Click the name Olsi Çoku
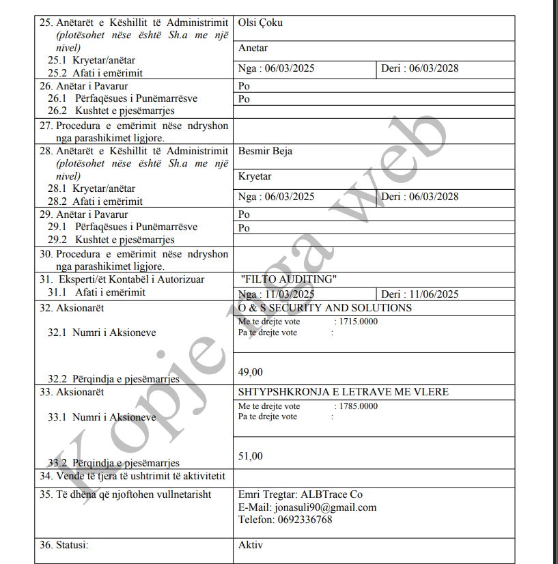pyautogui.click(x=260, y=23)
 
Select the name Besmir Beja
pyautogui.click(x=265, y=151)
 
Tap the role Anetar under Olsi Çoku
pyautogui.click(x=253, y=48)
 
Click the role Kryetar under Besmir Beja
pyautogui.click(x=255, y=177)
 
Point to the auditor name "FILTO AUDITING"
pyautogui.click(x=290, y=279)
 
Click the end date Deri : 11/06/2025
pyautogui.click(x=419, y=294)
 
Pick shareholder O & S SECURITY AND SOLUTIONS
pyautogui.click(x=325, y=308)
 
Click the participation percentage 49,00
pyautogui.click(x=250, y=372)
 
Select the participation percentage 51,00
pyautogui.click(x=250, y=456)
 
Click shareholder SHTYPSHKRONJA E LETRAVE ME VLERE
pyautogui.click(x=343, y=393)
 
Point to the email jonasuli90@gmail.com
pyautogui.click(x=325, y=507)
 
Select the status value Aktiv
pyautogui.click(x=250, y=545)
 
